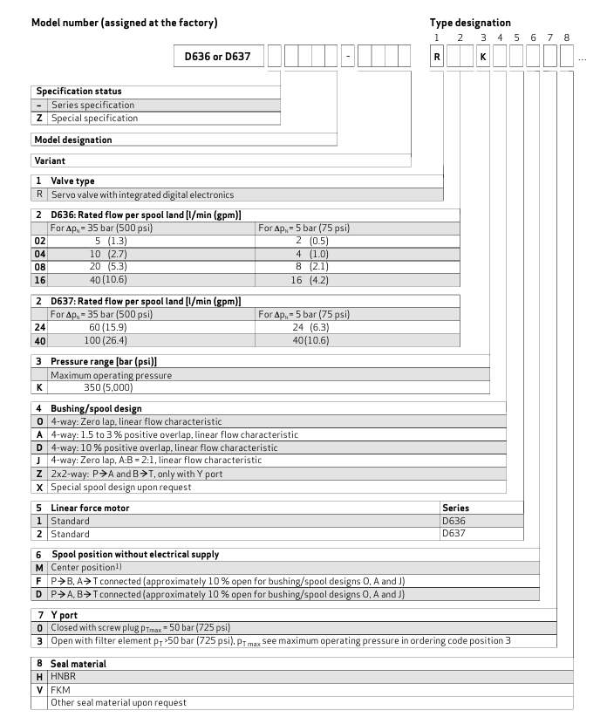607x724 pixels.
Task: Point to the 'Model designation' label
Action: (73, 140)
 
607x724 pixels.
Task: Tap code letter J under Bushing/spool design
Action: (39, 460)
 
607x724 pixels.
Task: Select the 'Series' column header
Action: (457, 506)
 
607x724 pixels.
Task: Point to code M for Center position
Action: (39, 567)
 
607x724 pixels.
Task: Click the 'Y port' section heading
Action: (65, 614)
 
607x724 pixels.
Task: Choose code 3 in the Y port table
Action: (39, 639)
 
